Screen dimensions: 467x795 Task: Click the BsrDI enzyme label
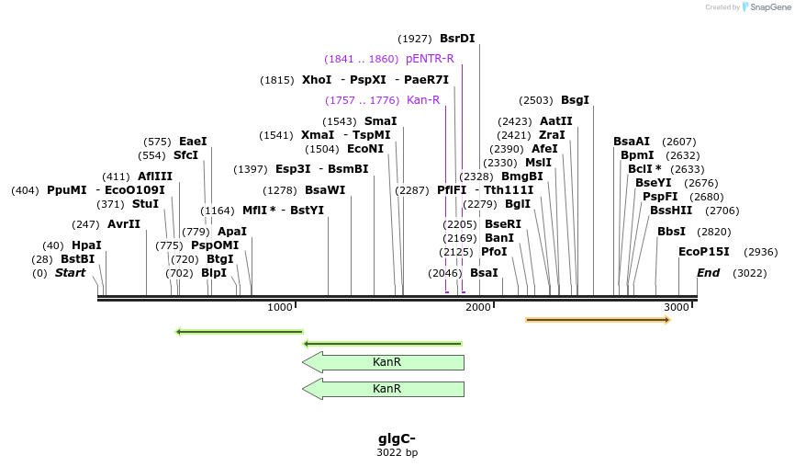(457, 39)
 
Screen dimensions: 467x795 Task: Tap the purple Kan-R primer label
(422, 100)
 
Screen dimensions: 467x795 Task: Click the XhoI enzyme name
(317, 80)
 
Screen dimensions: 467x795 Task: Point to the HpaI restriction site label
(86, 245)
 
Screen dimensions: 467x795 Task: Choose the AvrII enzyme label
(124, 224)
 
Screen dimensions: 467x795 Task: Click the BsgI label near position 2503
(575, 100)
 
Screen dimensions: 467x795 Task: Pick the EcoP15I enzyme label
(704, 252)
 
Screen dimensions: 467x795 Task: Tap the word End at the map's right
(708, 273)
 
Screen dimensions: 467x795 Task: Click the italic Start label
(70, 273)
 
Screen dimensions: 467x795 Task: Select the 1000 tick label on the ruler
(280, 307)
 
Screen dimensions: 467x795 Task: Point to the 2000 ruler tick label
(478, 307)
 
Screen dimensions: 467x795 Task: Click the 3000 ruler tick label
(677, 307)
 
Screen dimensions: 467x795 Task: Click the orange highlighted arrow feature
(598, 320)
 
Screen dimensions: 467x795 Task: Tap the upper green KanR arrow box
(384, 362)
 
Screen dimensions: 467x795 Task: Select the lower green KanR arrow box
(384, 389)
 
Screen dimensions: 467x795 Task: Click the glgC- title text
(397, 439)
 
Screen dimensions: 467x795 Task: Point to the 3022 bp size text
(397, 452)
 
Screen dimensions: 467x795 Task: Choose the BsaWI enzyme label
(325, 190)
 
